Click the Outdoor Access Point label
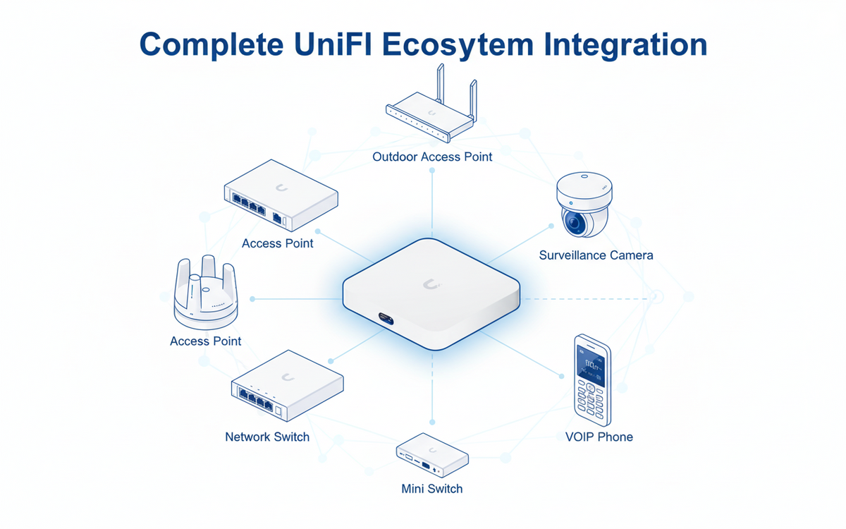432,156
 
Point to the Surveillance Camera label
596,255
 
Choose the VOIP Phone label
599,437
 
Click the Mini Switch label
431,488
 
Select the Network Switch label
267,437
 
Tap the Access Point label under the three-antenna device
205,341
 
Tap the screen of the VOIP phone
591,367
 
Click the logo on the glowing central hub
431,284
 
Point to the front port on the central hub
387,318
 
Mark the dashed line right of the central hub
585,298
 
